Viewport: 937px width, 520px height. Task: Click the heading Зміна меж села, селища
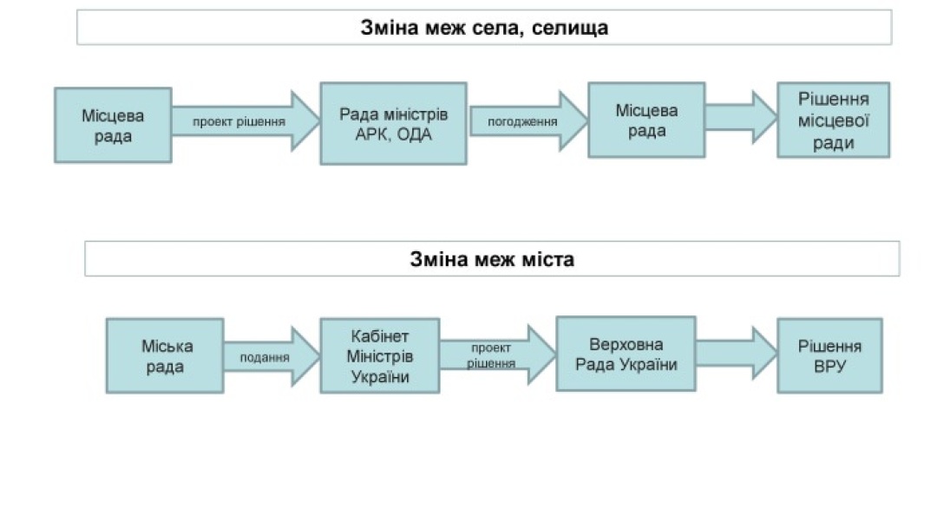point(484,27)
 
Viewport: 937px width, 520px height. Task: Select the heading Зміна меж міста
point(492,259)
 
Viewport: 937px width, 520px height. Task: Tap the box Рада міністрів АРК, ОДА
point(393,123)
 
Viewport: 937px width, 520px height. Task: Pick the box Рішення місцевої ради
point(833,120)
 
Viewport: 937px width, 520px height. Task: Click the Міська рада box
point(165,355)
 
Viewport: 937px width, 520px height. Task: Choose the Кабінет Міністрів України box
point(379,355)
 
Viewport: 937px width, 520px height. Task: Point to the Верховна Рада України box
point(626,354)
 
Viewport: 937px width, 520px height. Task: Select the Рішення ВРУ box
point(829,355)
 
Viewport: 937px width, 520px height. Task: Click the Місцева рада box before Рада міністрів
point(113,125)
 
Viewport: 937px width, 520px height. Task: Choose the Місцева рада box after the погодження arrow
point(646,120)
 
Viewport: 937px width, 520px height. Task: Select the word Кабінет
point(379,335)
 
